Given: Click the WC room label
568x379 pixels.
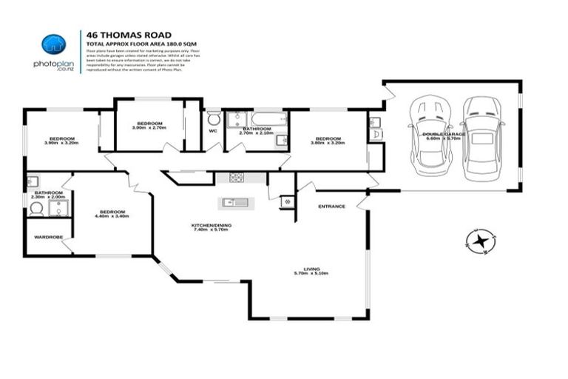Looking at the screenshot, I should (x=213, y=131).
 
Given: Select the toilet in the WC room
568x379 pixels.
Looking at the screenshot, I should (x=213, y=119).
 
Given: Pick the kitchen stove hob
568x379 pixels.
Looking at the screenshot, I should (x=237, y=177).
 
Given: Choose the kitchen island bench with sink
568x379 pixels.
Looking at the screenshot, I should (x=236, y=202).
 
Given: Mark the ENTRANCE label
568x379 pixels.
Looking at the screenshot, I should (x=331, y=207).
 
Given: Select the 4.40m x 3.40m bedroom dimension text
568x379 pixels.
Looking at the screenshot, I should (x=112, y=217).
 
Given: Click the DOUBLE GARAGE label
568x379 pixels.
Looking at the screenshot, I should (x=444, y=134).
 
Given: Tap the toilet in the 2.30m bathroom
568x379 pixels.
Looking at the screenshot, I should (x=36, y=209).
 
